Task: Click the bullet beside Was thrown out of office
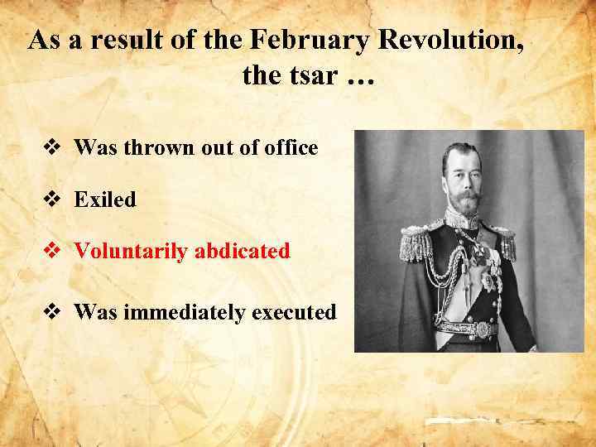(51, 149)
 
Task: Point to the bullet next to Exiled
(51, 200)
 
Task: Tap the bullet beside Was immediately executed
(51, 313)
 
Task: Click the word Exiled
(104, 199)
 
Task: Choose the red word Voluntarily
(131, 251)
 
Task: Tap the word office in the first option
(293, 148)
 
